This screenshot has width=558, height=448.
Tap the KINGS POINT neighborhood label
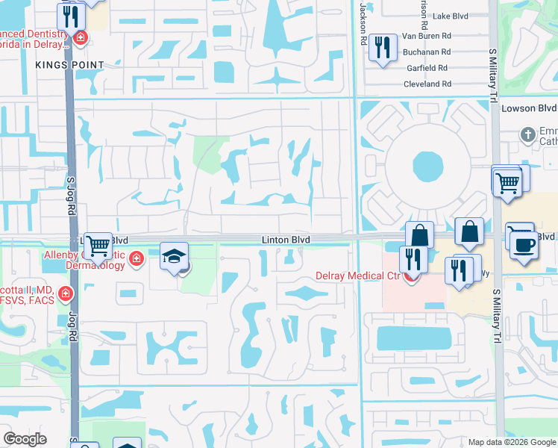69,65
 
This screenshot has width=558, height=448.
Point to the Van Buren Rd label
427,36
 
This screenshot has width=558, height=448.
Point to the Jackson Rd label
363,22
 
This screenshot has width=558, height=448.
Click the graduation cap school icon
174,256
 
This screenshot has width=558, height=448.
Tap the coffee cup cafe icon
524,245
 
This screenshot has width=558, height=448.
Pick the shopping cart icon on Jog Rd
98,245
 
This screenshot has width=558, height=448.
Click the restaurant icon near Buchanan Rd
383,48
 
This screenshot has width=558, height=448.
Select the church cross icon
528,135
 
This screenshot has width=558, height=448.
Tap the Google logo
25,439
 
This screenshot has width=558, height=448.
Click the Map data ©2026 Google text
511,442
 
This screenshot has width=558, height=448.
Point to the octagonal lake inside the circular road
427,167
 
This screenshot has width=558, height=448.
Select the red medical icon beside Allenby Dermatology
136,259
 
